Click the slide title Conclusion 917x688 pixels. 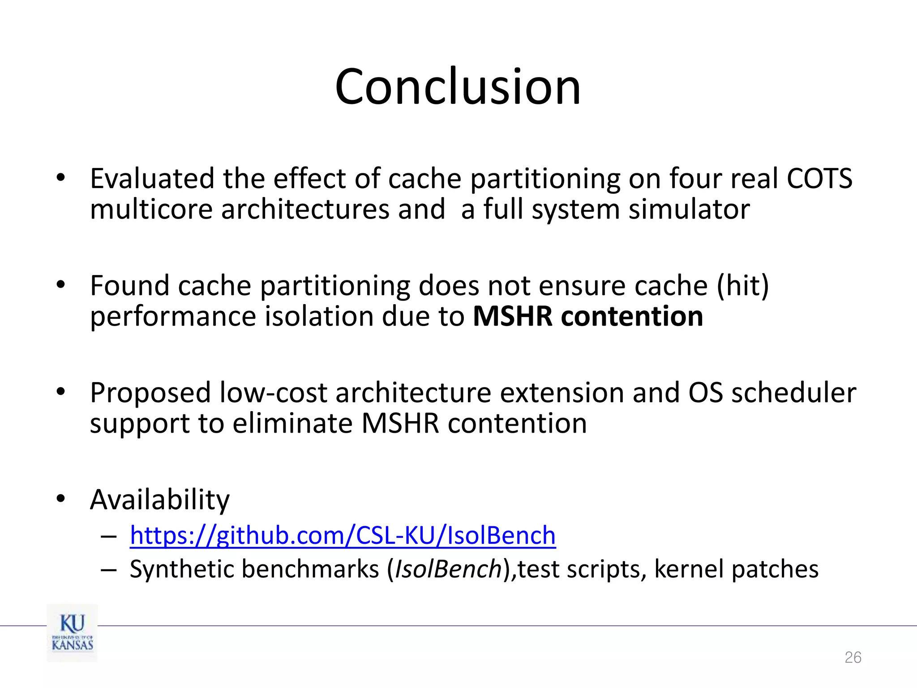click(x=458, y=87)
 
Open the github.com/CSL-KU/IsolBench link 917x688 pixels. click(x=343, y=535)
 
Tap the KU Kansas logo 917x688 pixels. click(x=72, y=632)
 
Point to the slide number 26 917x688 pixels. click(x=853, y=658)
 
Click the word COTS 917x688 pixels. click(x=819, y=179)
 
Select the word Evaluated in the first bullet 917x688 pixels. click(x=152, y=179)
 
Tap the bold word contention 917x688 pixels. click(x=632, y=316)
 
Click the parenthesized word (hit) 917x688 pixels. click(x=742, y=285)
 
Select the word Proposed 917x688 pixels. click(x=150, y=393)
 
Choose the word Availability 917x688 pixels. click(x=159, y=500)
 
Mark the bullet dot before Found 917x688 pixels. click(x=61, y=285)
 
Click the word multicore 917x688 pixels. click(x=151, y=209)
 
